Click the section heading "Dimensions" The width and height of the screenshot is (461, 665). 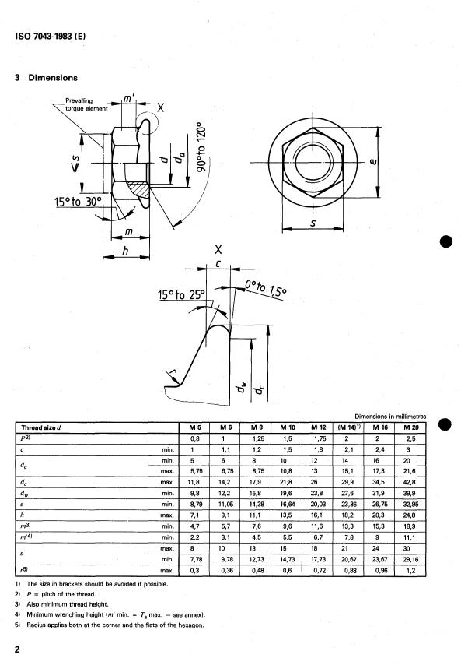tap(52, 78)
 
